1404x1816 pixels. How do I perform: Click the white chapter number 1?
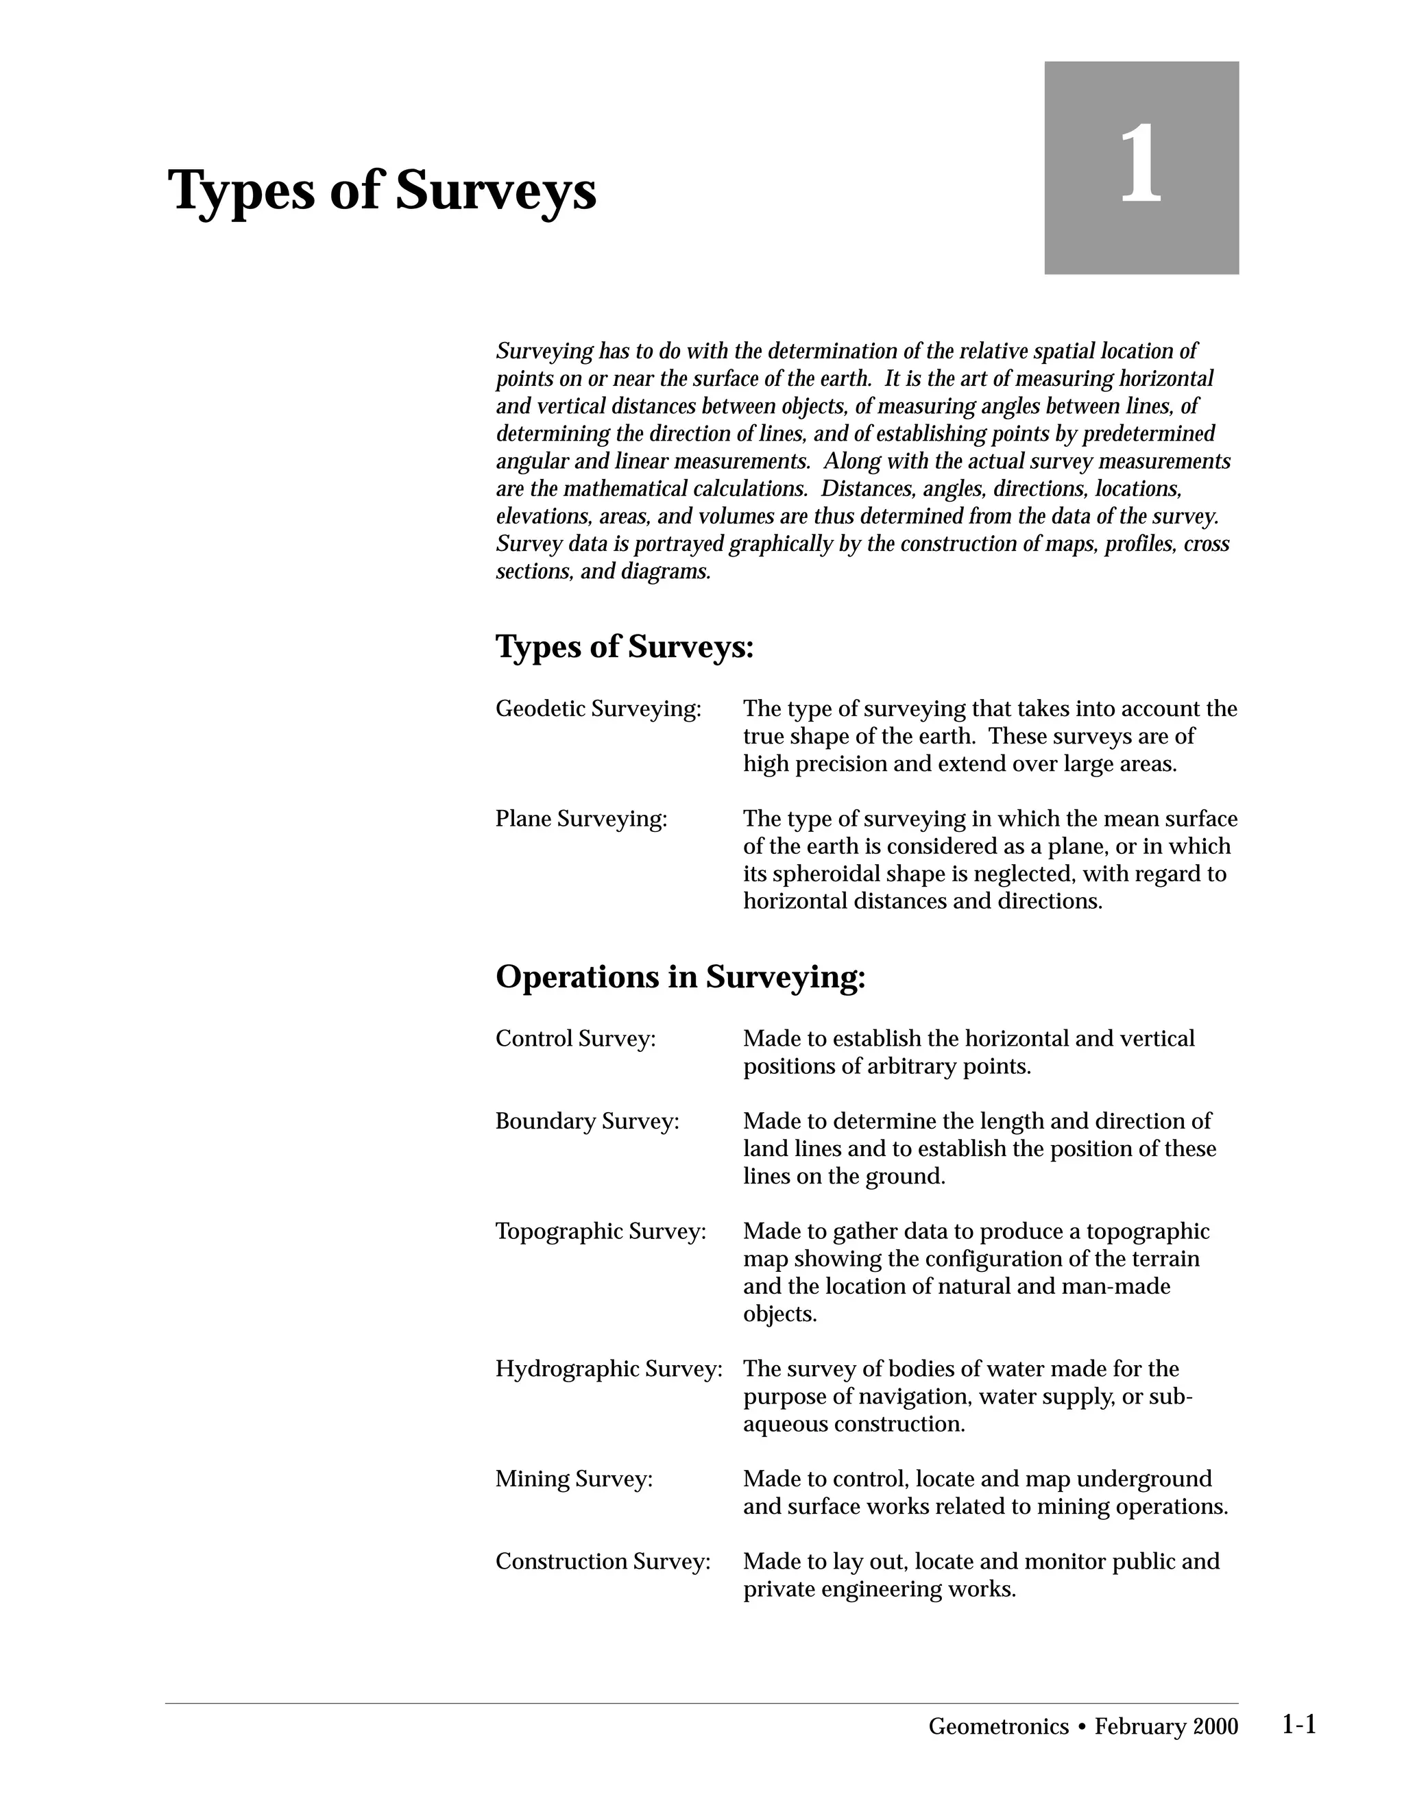coord(1140,164)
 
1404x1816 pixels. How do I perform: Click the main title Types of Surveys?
coord(382,191)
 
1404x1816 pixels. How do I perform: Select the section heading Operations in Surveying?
coord(680,977)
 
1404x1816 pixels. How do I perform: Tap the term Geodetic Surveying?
coord(598,709)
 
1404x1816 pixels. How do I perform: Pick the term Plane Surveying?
coord(581,819)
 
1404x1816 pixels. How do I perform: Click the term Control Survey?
coord(576,1038)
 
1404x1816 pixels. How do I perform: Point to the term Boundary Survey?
coord(588,1122)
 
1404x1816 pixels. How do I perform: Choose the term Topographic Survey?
coord(601,1231)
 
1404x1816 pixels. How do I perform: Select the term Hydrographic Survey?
coord(609,1369)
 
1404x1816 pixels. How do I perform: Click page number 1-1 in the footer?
coord(1298,1725)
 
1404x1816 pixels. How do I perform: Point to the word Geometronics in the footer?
coord(998,1727)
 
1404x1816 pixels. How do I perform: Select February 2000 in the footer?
coord(1166,1727)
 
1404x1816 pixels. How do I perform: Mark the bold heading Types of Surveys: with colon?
coord(625,647)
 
